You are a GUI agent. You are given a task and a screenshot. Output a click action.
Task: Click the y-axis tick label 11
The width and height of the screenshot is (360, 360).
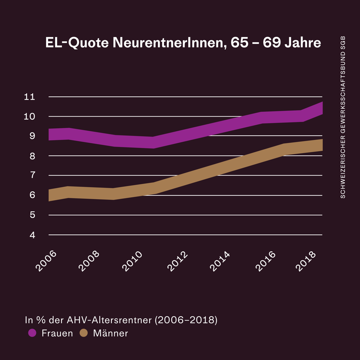pyautogui.click(x=29, y=97)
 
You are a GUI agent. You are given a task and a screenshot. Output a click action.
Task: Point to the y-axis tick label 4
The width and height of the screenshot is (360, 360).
pyautogui.click(x=32, y=235)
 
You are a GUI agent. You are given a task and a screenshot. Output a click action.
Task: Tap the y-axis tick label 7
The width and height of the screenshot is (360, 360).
pyautogui.click(x=32, y=175)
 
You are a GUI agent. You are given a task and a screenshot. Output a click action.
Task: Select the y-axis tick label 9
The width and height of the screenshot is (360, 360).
pyautogui.click(x=32, y=136)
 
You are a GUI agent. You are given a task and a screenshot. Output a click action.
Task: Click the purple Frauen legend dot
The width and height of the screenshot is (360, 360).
pyautogui.click(x=32, y=333)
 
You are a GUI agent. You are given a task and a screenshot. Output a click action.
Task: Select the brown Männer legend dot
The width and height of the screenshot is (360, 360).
pyautogui.click(x=83, y=333)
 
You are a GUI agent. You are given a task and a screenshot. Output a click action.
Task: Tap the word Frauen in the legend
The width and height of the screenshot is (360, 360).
pyautogui.click(x=57, y=333)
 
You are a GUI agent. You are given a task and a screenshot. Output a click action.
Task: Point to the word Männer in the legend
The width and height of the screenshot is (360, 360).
pyautogui.click(x=111, y=333)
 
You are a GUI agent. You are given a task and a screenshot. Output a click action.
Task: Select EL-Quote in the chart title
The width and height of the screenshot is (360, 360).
pyautogui.click(x=77, y=43)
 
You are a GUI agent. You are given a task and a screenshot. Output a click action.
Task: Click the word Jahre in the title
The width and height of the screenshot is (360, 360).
pyautogui.click(x=302, y=43)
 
